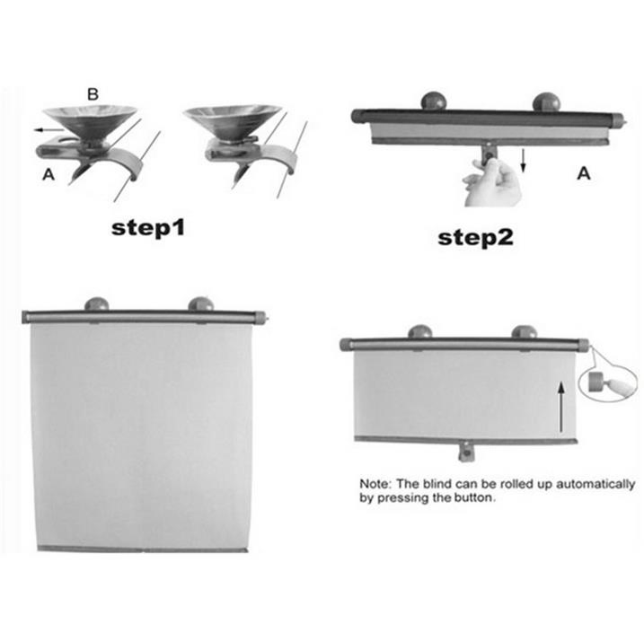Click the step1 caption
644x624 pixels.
(x=148, y=228)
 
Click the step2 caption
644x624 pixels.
(x=476, y=238)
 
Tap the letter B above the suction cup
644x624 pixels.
(x=93, y=94)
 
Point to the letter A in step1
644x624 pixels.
(x=49, y=174)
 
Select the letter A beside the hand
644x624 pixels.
(x=584, y=173)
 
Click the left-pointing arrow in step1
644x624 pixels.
(x=49, y=130)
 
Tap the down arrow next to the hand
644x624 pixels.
(x=523, y=161)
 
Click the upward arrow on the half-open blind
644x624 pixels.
(x=561, y=408)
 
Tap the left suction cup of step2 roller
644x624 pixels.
(x=434, y=101)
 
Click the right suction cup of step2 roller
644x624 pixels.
(x=546, y=101)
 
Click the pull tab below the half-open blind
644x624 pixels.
(x=466, y=451)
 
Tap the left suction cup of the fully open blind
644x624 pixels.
(x=97, y=304)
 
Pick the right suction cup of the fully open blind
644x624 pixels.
(x=201, y=304)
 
